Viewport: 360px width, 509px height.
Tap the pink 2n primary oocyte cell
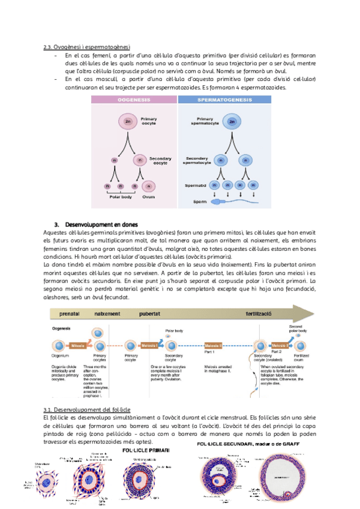coord(128,122)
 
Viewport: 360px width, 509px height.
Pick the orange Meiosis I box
coord(150,346)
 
